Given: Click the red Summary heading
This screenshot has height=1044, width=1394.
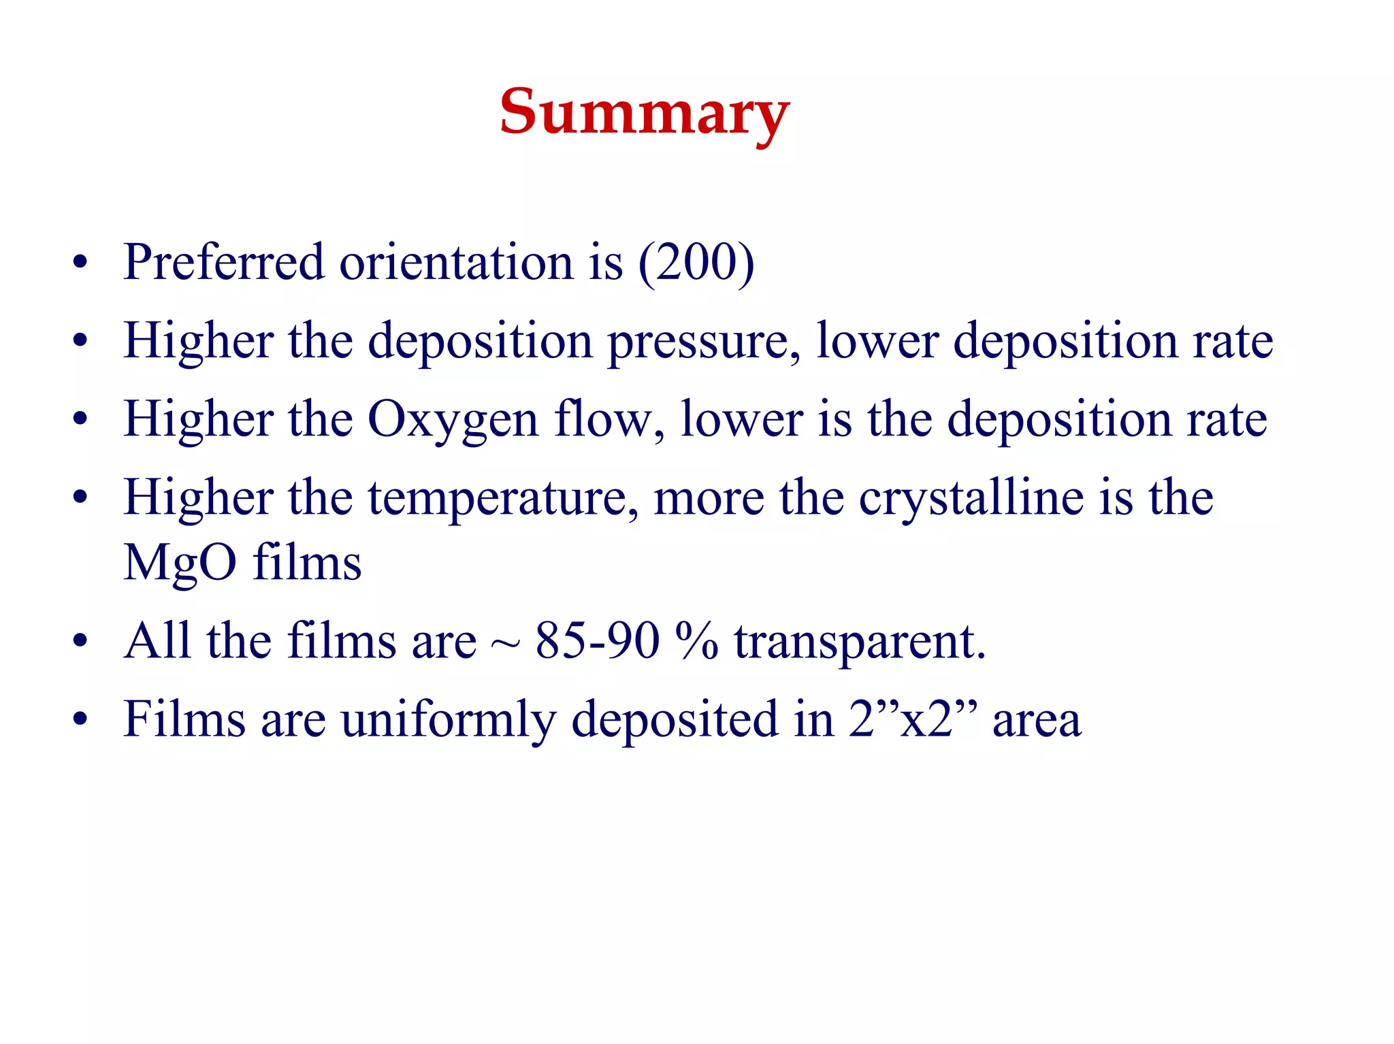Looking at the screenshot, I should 644,113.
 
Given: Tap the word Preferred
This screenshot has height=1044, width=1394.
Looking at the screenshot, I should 223,263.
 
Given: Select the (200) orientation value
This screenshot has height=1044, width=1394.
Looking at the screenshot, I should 696,263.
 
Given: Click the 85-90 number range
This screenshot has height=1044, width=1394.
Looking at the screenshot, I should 598,641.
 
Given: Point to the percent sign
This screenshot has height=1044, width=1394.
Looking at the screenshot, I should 696,641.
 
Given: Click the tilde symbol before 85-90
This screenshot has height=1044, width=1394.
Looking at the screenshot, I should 505,644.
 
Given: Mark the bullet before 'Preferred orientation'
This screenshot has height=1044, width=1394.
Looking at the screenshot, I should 80,263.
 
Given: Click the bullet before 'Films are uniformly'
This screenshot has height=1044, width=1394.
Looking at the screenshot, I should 80,719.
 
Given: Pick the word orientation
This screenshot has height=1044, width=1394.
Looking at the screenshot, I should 456,263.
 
